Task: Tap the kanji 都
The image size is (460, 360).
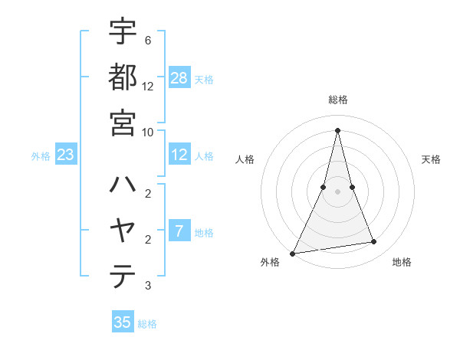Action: [123, 78]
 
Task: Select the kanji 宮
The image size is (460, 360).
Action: [123, 123]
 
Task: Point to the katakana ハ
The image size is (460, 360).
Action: [123, 185]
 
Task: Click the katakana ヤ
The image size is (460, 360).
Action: [123, 231]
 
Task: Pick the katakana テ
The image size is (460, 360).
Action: [123, 276]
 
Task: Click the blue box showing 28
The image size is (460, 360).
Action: [179, 78]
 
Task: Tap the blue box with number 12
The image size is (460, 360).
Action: [179, 155]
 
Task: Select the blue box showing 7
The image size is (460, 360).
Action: [179, 232]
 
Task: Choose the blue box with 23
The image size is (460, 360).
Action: [66, 155]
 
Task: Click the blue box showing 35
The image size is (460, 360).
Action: [123, 322]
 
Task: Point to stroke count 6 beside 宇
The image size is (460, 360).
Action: [147, 40]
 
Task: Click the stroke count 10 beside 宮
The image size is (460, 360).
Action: [147, 132]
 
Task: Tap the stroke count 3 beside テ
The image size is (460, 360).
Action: [147, 286]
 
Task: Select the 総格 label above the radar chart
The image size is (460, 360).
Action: [337, 100]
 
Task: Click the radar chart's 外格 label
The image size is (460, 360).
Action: [270, 263]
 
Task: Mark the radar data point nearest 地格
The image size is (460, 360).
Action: [374, 242]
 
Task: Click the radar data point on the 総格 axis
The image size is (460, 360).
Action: [337, 129]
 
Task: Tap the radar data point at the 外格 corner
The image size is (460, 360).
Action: [293, 254]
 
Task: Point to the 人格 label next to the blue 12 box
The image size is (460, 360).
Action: [204, 156]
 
